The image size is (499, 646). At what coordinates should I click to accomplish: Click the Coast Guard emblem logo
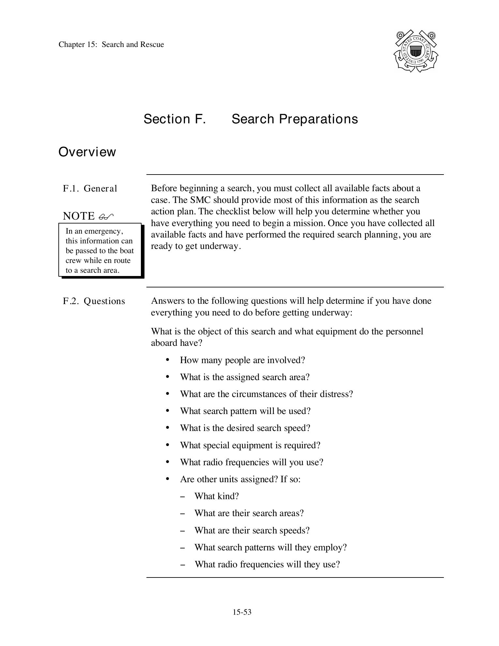[x=416, y=51]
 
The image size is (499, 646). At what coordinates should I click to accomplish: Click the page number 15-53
[x=242, y=612]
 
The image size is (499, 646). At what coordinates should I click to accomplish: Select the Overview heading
[x=87, y=152]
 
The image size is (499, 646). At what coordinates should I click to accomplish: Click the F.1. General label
[x=90, y=189]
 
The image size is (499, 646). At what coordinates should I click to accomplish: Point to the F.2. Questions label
[x=94, y=301]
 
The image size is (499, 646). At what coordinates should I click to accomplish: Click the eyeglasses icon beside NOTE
[x=106, y=217]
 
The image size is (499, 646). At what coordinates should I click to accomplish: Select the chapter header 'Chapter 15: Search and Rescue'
[x=111, y=45]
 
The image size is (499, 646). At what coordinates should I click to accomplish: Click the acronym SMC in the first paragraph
[x=201, y=200]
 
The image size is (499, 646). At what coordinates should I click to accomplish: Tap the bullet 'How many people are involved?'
[x=242, y=360]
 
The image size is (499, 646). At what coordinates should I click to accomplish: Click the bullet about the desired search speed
[x=245, y=428]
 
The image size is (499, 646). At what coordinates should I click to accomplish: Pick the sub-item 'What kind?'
[x=217, y=496]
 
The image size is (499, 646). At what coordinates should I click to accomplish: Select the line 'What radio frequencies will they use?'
[x=267, y=564]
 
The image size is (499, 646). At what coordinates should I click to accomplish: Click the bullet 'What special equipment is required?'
[x=250, y=445]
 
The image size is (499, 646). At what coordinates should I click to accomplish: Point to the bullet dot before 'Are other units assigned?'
[x=168, y=479]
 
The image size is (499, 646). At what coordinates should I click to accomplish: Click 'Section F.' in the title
[x=175, y=119]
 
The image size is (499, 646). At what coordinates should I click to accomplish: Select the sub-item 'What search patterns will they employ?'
[x=270, y=547]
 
